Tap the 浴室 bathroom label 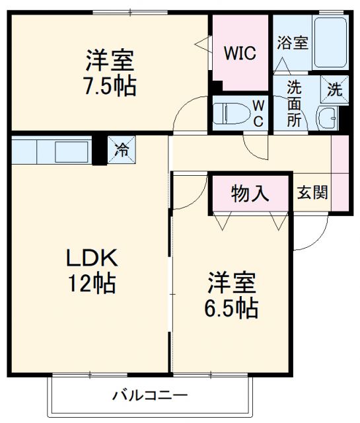point(292,44)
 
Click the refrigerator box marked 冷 point(122,149)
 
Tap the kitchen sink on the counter point(69,151)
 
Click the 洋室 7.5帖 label point(110,73)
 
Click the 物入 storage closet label point(250,194)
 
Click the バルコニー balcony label point(149,397)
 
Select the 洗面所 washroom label point(295,103)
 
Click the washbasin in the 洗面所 point(326,119)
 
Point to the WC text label point(258,113)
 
